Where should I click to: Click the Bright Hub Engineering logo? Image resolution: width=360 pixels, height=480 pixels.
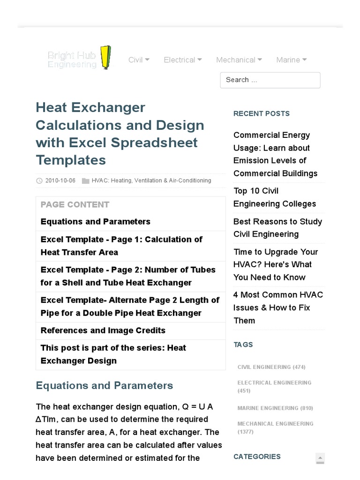[80, 59]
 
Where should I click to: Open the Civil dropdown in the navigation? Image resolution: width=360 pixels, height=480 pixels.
[139, 60]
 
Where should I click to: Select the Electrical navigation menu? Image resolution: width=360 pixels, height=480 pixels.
[182, 60]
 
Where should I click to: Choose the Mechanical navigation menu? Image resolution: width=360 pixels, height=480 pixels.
[239, 60]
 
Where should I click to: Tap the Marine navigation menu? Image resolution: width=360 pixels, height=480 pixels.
[291, 60]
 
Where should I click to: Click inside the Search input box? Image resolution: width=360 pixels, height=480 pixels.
[270, 80]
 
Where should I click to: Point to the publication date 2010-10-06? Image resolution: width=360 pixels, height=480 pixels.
[60, 180]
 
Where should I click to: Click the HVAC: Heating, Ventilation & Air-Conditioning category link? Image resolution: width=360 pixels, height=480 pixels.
[151, 180]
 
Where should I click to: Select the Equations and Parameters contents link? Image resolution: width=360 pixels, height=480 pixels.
[96, 222]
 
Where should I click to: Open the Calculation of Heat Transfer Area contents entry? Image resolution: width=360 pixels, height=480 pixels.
[121, 246]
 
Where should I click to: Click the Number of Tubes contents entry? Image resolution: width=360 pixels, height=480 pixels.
[128, 276]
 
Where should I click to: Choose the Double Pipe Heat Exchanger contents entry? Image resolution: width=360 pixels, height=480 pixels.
[130, 307]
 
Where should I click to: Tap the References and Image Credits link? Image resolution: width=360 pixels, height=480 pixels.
[103, 330]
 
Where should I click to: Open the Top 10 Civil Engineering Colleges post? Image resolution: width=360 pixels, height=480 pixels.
[275, 197]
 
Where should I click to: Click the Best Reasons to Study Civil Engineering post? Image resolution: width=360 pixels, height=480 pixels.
[277, 228]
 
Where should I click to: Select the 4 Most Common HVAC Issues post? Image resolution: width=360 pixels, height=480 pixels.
[278, 307]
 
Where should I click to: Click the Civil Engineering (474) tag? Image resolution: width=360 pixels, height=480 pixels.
[271, 367]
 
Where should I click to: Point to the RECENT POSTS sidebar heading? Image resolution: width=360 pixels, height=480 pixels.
[261, 113]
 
